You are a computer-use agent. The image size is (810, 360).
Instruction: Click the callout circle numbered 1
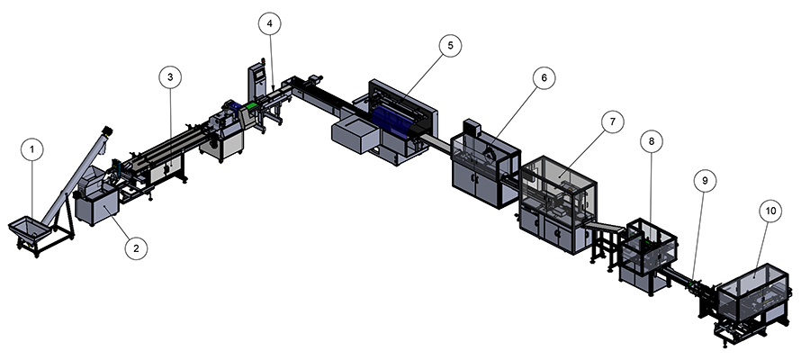coord(32,148)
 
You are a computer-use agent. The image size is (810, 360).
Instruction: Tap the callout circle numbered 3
coord(170,77)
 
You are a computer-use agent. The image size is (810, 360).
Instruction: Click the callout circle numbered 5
coord(450,44)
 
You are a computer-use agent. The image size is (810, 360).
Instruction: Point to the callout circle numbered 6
coord(544,78)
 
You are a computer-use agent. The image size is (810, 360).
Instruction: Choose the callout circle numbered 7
coord(611,123)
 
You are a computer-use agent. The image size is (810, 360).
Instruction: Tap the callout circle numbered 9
coord(705,181)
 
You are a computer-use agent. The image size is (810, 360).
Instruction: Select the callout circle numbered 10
coord(769,211)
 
